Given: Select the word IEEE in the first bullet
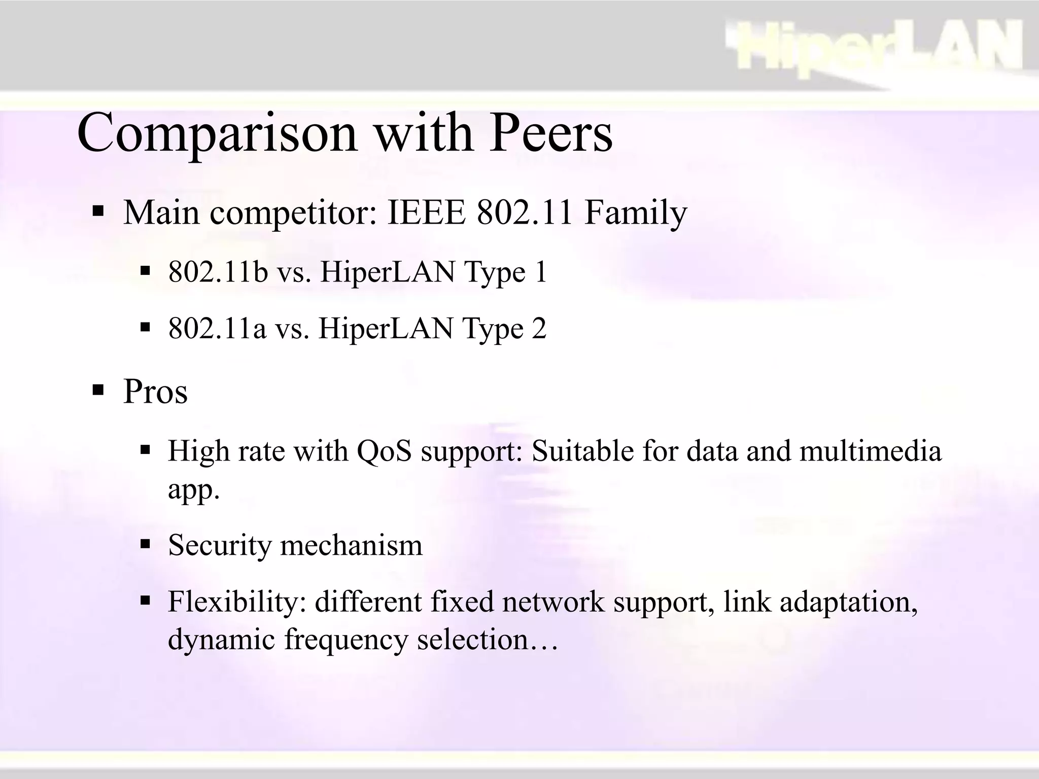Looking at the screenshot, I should point(426,213).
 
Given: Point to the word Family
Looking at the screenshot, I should point(636,214).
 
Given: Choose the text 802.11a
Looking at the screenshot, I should point(217,328).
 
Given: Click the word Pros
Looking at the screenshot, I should point(155,392).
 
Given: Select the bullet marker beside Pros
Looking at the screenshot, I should point(98,391).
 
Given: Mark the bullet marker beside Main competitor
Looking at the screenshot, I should point(98,210).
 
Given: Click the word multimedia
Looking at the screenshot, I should point(870,451).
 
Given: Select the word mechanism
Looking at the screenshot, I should point(351,546).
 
